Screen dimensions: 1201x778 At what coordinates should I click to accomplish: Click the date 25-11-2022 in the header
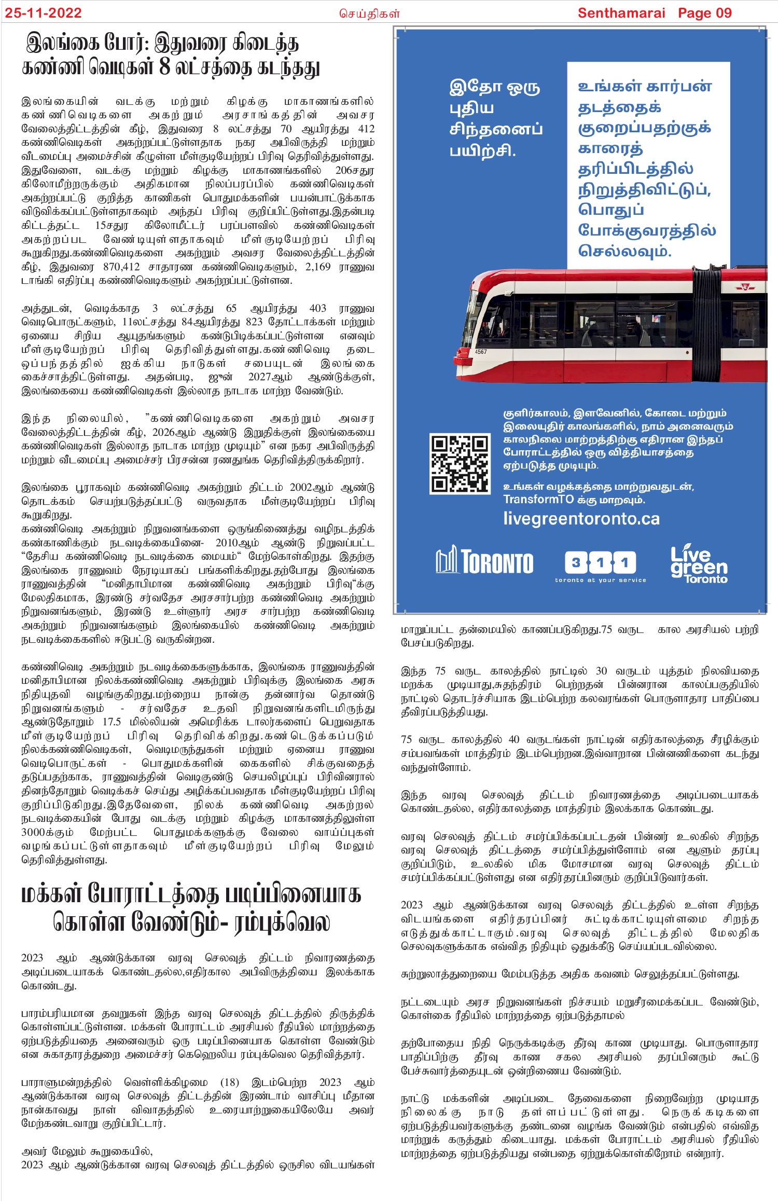point(44,13)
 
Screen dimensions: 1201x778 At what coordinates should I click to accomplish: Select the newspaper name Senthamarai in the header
point(621,13)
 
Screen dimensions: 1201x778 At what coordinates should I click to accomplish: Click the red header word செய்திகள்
point(369,14)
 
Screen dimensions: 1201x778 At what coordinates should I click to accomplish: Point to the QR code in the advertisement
point(460,464)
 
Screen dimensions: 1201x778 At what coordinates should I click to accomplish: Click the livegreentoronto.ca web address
point(581,519)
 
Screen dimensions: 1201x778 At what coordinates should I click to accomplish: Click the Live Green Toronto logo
point(699,564)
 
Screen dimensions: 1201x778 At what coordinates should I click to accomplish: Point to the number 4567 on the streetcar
point(481,352)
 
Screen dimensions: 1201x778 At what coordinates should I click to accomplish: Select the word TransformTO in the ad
point(538,500)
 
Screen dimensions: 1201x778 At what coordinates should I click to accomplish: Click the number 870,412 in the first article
point(121,267)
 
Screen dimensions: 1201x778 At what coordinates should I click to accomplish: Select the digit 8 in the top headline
point(164,67)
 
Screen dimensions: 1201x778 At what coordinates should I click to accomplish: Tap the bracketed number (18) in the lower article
point(230,1082)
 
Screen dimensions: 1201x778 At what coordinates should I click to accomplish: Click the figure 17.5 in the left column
point(112,722)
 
